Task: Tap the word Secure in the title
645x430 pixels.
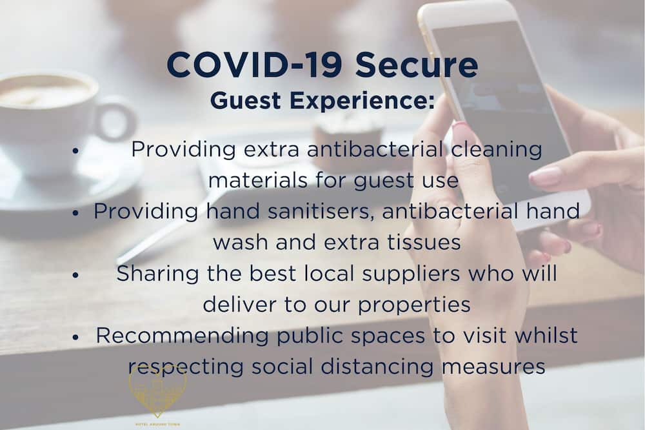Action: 417,65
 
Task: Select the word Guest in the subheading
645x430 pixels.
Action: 246,101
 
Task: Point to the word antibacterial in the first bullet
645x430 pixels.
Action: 375,149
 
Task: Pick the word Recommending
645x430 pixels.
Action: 183,336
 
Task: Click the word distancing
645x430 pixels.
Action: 377,367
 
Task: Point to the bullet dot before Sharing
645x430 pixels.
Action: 75,275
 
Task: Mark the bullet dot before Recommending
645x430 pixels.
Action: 75,337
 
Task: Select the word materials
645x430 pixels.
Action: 258,180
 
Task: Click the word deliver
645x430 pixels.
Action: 239,305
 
